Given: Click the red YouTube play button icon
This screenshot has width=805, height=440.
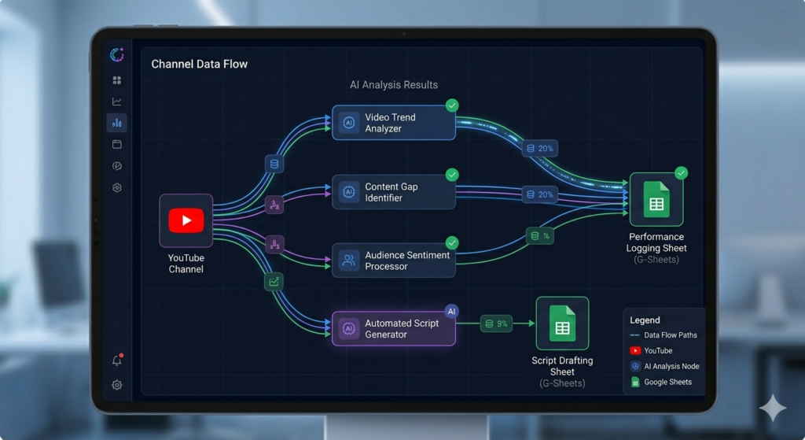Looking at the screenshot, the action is (186, 220).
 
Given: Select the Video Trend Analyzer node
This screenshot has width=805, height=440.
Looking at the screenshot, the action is (394, 123).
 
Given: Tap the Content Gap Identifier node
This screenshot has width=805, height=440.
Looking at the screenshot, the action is (394, 192).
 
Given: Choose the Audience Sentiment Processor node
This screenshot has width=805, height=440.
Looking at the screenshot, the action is (394, 261).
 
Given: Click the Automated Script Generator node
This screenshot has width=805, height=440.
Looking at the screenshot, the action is (394, 328).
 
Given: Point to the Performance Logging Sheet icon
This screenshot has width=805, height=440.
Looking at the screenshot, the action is (656, 199).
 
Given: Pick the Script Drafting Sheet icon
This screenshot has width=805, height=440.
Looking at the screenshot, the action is (562, 324).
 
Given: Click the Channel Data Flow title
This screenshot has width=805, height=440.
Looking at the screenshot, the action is (199, 65).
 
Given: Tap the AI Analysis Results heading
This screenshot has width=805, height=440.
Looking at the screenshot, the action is (394, 85).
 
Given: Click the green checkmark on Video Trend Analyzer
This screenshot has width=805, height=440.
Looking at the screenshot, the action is (452, 105).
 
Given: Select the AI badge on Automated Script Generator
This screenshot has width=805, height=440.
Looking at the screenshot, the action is (451, 311).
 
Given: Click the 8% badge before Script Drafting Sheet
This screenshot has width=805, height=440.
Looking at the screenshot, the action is (496, 324).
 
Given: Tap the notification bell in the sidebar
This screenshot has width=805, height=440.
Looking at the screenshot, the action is (117, 360).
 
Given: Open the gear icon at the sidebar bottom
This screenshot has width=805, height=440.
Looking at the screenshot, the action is (117, 385).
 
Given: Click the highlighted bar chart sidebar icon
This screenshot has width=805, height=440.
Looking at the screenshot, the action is (117, 123).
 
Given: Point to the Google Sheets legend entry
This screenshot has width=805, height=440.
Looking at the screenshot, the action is (661, 382).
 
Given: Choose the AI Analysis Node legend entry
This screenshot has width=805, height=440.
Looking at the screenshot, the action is (665, 367).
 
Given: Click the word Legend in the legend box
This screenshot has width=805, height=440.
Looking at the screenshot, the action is (645, 320).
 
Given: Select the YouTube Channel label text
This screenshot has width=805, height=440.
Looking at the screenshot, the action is (186, 264).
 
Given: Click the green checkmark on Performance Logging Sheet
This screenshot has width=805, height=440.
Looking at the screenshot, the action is (682, 172).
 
